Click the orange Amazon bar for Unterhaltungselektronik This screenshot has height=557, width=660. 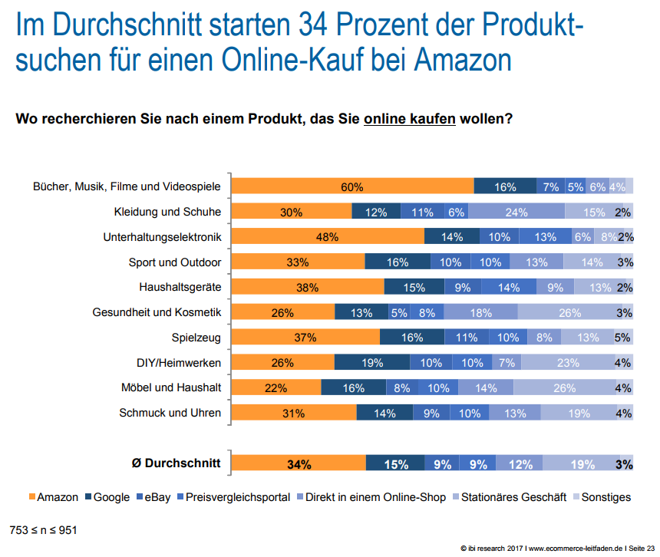328,238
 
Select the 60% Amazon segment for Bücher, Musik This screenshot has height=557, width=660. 353,187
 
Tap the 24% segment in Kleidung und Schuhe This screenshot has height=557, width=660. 516,213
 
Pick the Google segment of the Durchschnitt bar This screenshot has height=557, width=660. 394,463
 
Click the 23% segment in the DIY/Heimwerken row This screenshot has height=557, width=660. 568,363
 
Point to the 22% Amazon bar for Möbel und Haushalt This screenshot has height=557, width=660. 276,388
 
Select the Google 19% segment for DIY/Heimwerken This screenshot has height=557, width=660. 372,363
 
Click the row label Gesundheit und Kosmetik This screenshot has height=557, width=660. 157,312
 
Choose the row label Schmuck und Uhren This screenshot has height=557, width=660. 170,413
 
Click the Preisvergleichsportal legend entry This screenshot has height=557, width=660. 237,497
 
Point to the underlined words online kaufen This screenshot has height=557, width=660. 410,120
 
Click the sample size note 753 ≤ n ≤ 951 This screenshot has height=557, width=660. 43,529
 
